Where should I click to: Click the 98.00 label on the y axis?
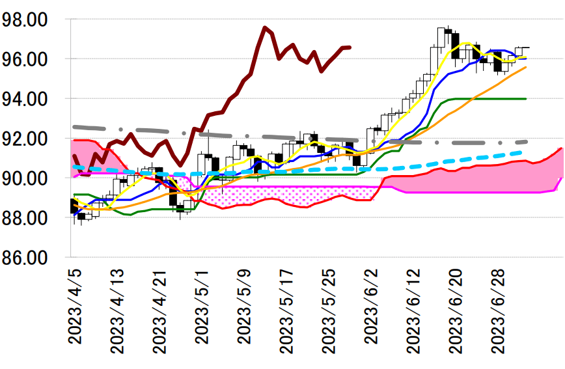click(x=26, y=20)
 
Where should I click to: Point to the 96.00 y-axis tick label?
click(x=26, y=59)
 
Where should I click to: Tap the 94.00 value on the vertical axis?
click(x=26, y=99)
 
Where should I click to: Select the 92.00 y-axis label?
click(x=26, y=139)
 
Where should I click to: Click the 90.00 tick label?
click(x=26, y=178)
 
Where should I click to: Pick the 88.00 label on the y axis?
click(x=26, y=218)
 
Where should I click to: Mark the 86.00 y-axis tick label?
click(x=26, y=257)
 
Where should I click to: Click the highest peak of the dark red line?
click(x=265, y=27)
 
